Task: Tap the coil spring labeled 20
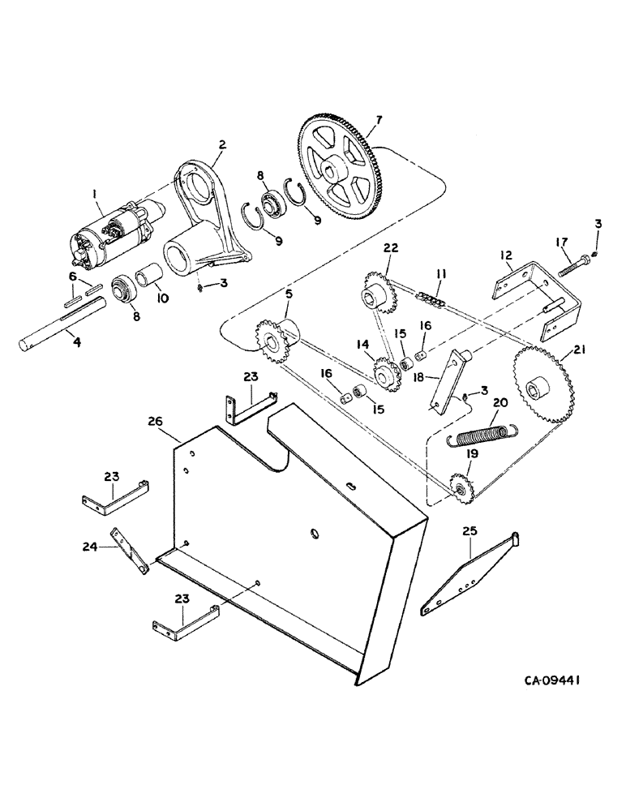(x=480, y=436)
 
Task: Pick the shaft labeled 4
(x=64, y=324)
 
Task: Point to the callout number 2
(x=221, y=144)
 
